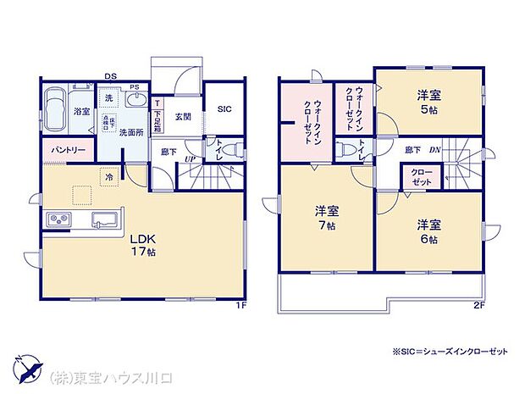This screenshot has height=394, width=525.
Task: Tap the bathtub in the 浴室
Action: click(55, 112)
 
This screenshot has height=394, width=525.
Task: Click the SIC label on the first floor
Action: click(224, 108)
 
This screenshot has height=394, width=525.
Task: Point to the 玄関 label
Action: click(183, 117)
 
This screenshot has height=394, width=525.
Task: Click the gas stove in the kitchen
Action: click(59, 219)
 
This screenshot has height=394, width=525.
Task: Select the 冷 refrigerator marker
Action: click(110, 176)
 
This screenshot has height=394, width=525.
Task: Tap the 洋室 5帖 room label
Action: click(427, 103)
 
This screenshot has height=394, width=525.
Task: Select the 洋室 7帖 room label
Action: click(328, 218)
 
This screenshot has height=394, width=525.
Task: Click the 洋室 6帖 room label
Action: click(427, 230)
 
